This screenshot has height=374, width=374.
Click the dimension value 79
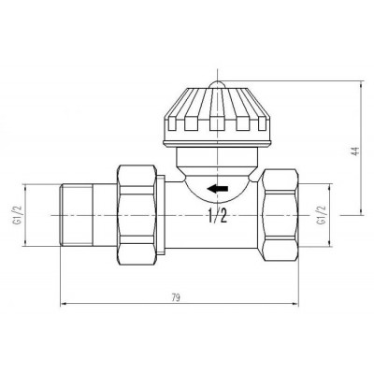click(176, 297)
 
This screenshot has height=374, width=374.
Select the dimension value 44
click(354, 152)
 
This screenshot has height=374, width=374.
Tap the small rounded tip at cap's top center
click(217, 85)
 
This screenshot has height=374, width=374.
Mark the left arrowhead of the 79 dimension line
click(65, 303)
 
